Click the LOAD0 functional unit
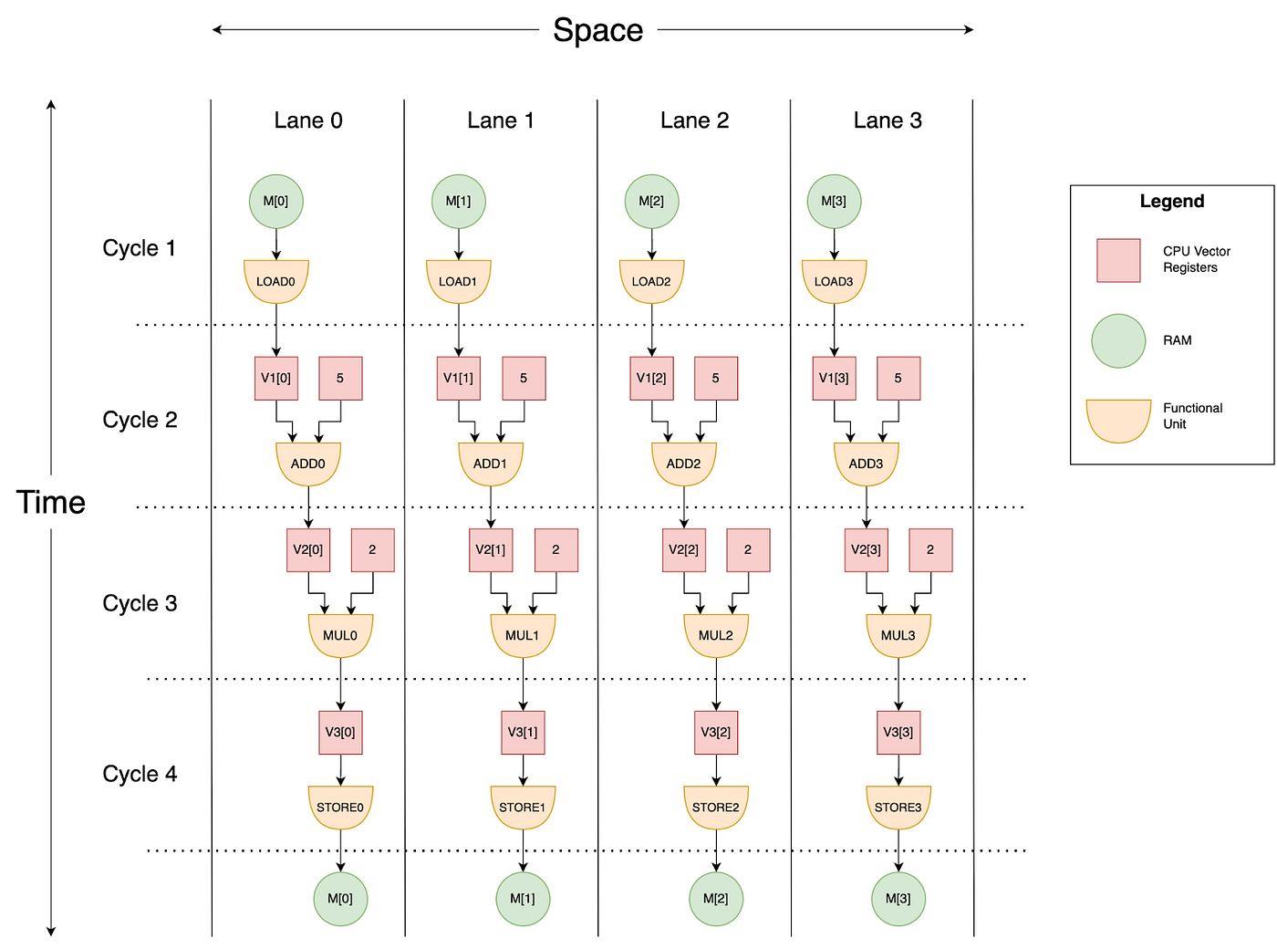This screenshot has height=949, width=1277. coord(275,281)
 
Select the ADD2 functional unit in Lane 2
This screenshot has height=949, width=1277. coord(683,464)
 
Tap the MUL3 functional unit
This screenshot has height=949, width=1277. coord(898,635)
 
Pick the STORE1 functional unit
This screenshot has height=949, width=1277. coord(523,807)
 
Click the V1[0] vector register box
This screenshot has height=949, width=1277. coord(275,378)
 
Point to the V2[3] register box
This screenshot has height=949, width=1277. coord(866,549)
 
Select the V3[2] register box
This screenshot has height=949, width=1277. coord(716,732)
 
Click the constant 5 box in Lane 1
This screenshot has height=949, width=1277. coord(524,378)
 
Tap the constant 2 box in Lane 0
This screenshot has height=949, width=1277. coord(372,549)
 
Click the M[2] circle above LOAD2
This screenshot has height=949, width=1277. coord(651,201)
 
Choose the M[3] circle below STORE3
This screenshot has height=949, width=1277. coord(898,899)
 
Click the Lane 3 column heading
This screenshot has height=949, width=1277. coord(888,120)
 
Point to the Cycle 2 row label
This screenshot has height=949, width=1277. coord(140,420)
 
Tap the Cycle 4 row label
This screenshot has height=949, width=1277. coord(140,774)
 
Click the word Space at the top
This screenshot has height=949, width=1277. coord(597,30)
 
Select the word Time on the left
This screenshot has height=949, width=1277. coord(51,503)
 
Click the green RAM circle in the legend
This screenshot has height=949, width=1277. coord(1118,340)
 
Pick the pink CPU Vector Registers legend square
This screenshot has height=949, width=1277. coord(1118,260)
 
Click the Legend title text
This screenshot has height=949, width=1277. coord(1171,202)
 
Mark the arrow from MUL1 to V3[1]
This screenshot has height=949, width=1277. coord(523,684)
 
